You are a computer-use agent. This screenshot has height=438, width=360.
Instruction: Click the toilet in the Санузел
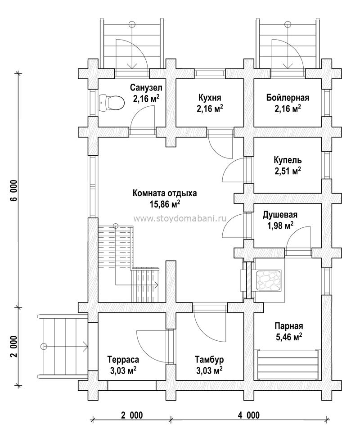(x=111, y=103)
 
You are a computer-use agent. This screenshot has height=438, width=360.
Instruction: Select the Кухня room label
(x=210, y=98)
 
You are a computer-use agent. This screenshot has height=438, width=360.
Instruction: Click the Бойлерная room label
(x=288, y=98)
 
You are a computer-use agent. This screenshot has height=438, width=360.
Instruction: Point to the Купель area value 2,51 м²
(x=288, y=171)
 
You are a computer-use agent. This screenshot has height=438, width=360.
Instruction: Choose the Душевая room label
(x=280, y=215)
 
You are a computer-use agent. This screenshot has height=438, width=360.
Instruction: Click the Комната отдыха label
(x=165, y=193)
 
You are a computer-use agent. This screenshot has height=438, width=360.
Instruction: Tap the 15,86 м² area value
(x=165, y=204)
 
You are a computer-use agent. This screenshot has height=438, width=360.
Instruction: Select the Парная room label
(x=289, y=326)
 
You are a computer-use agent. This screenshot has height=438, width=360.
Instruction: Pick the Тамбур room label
(x=209, y=360)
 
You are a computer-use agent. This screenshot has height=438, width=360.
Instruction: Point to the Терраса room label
(x=123, y=360)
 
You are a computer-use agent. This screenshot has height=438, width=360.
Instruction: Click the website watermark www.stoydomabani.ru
(x=180, y=218)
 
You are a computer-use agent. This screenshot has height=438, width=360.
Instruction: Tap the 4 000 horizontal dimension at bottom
(x=249, y=415)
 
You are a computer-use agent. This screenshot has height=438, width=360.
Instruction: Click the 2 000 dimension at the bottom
(x=132, y=415)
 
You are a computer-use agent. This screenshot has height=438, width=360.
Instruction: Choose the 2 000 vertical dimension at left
(x=15, y=346)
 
